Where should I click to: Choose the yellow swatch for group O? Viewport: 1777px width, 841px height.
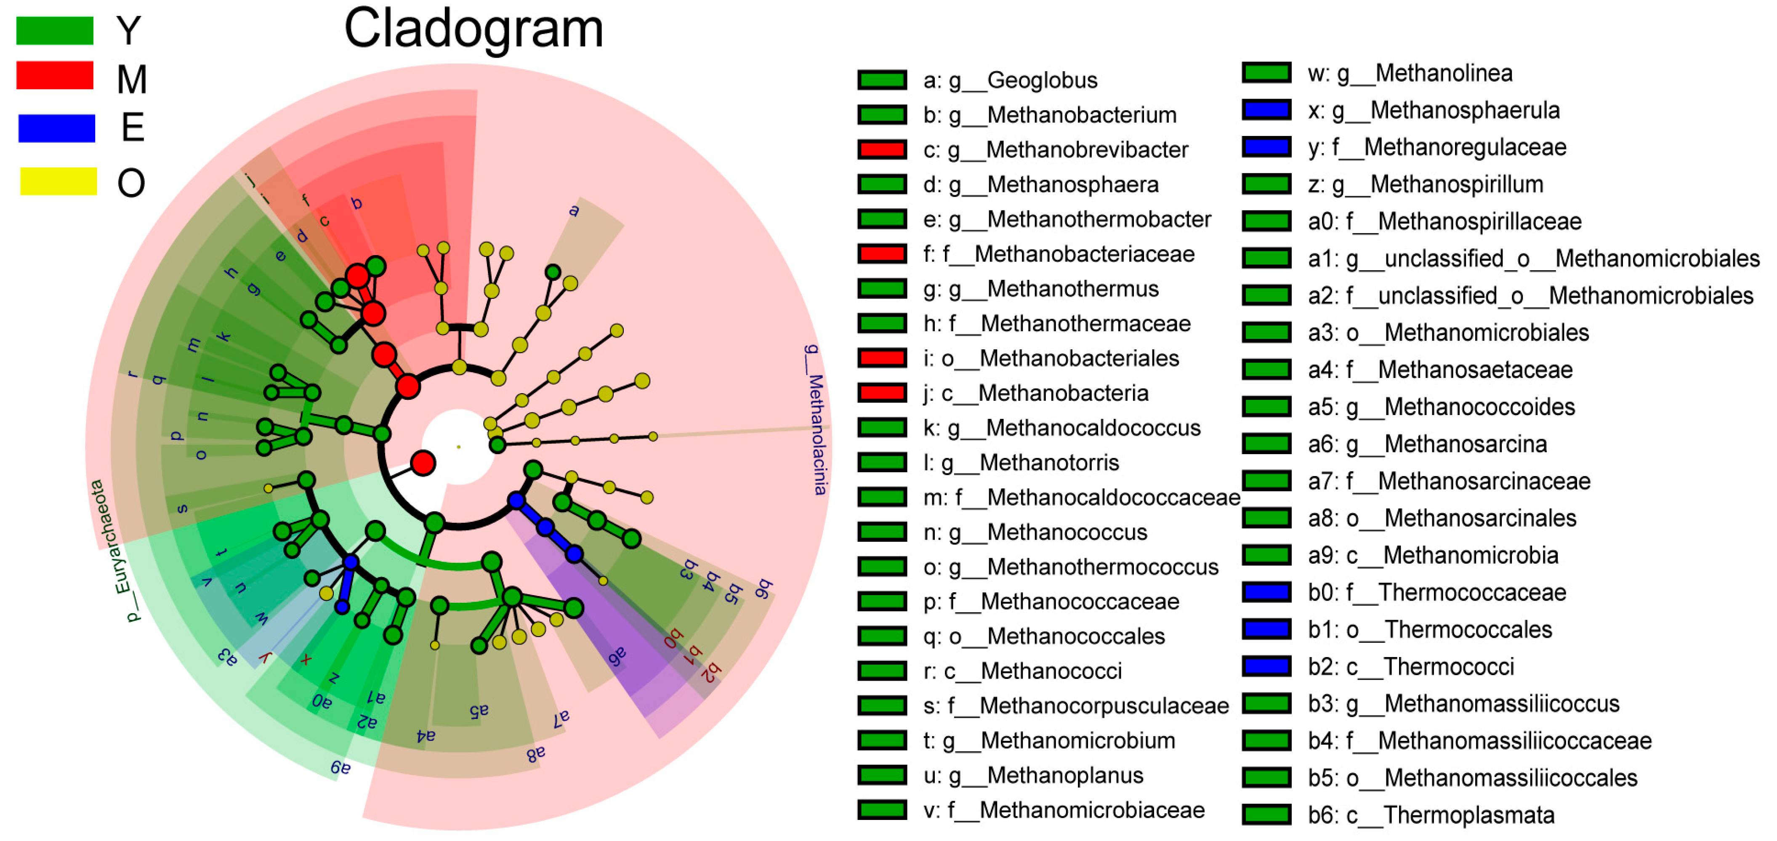[58, 181]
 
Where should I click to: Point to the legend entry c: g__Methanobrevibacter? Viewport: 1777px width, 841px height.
[1056, 150]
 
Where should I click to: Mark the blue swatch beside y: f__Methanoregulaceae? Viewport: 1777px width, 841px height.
[1266, 147]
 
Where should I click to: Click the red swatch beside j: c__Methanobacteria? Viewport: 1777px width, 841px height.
[882, 393]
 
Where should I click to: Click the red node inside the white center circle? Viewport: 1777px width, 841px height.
[423, 463]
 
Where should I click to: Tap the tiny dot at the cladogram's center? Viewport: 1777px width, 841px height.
[459, 447]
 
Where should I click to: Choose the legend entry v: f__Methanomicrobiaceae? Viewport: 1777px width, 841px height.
[1064, 810]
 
